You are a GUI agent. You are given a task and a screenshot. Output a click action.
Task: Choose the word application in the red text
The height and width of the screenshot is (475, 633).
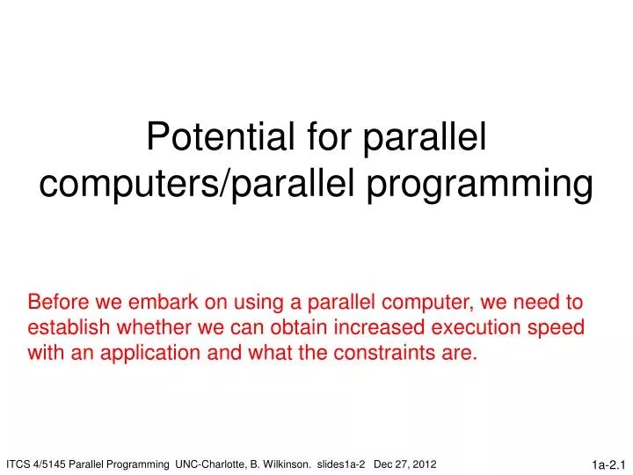pyautogui.click(x=149, y=354)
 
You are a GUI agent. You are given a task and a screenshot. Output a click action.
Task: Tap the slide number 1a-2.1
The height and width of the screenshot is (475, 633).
pyautogui.click(x=608, y=464)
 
